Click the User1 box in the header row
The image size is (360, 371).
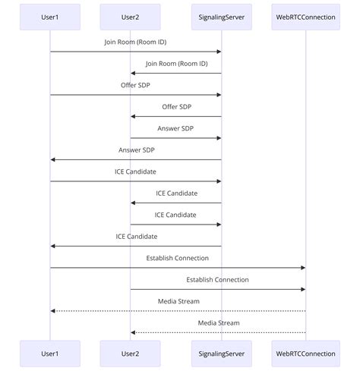(x=50, y=17)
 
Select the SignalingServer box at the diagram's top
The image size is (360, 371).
(x=221, y=17)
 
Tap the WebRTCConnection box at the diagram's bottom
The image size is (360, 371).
(x=306, y=354)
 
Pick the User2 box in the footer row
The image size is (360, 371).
(x=130, y=354)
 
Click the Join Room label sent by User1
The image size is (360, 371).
(x=135, y=42)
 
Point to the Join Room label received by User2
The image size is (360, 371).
(x=176, y=64)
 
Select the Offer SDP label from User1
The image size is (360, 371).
(x=135, y=86)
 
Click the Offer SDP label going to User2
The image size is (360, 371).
(x=176, y=107)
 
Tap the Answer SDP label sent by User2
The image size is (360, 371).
(x=175, y=128)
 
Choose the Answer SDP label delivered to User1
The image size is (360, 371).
(x=136, y=150)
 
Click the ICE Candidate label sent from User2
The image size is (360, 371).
(x=175, y=215)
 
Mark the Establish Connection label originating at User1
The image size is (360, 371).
(x=178, y=258)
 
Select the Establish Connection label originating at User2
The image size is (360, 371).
(x=217, y=280)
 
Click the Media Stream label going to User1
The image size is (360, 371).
(x=178, y=301)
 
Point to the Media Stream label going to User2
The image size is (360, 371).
(x=219, y=322)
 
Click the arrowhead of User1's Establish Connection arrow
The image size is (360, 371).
(x=302, y=268)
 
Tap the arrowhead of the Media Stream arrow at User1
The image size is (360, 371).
(x=53, y=311)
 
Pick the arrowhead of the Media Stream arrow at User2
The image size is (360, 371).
(x=133, y=332)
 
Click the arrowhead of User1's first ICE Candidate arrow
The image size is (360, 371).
(x=218, y=181)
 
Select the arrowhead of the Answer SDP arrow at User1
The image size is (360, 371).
(x=53, y=159)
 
